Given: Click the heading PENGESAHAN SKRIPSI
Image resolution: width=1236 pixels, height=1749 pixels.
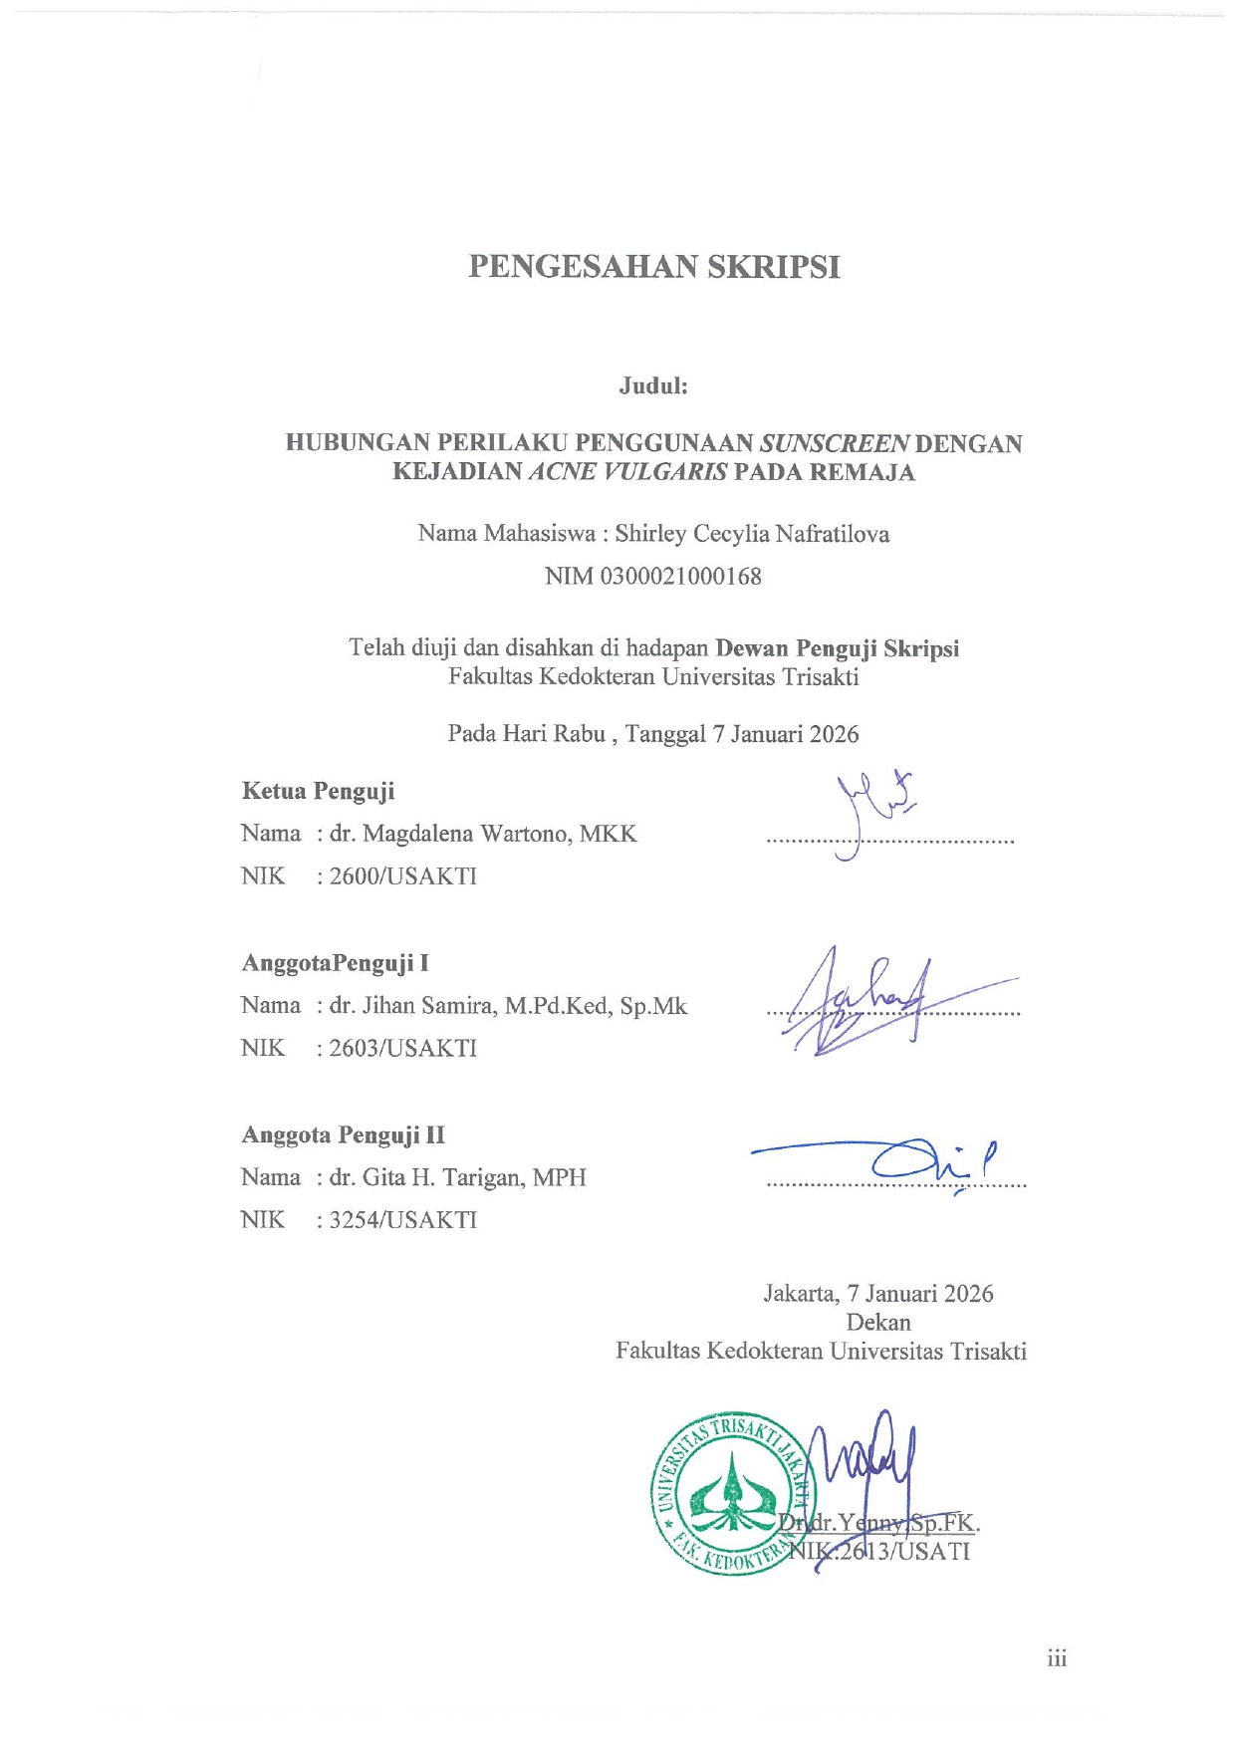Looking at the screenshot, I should tap(654, 267).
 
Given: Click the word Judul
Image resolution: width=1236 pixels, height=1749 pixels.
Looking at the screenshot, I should tap(652, 386).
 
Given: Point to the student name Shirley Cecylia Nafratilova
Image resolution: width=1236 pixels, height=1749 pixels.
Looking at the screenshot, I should tap(752, 534).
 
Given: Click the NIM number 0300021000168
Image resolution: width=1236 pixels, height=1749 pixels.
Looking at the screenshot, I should tap(680, 576).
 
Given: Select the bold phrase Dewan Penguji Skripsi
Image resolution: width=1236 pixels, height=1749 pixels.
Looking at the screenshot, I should tap(837, 648).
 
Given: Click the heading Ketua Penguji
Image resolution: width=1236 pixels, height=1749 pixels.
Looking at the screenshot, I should tap(318, 791).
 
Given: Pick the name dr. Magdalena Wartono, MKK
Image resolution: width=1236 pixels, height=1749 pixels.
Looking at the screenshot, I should tap(483, 834).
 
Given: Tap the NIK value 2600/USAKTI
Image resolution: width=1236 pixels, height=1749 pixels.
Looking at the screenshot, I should tap(403, 876).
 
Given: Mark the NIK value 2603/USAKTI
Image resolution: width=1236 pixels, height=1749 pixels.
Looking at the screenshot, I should tap(403, 1048).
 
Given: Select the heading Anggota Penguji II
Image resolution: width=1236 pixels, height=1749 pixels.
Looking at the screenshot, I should tap(343, 1135).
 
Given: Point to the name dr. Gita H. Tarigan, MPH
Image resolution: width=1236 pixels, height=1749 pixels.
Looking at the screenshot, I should tap(458, 1177).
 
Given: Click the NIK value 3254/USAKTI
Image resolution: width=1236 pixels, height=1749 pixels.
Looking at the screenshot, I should tap(403, 1220).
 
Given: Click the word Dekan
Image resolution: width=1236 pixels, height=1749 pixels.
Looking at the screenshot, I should tap(877, 1322).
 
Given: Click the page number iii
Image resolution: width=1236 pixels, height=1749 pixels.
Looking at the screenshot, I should tap(1057, 1658).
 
